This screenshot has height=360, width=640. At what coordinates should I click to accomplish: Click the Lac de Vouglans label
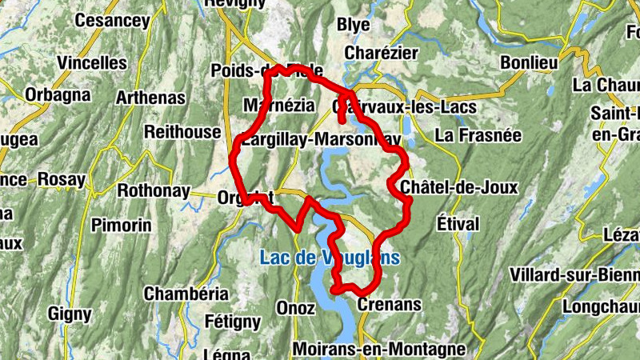point(329,258)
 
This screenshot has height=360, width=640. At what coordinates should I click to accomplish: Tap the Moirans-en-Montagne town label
point(378,349)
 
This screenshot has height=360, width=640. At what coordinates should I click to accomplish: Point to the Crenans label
point(389,305)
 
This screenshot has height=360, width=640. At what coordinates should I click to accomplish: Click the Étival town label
point(458,222)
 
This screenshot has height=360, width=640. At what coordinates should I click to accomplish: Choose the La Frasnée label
point(478,135)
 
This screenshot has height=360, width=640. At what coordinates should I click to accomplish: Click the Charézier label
point(381,53)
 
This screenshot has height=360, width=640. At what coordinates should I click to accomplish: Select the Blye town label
point(353,25)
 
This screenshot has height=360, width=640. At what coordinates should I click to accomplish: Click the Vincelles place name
point(92,62)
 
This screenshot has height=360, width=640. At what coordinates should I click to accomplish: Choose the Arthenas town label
point(150,98)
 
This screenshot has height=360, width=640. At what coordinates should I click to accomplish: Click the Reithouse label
point(182,131)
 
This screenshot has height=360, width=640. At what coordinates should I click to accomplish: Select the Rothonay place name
point(154,191)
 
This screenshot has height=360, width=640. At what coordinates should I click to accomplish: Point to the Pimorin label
point(121,226)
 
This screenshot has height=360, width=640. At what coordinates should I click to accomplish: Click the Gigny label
point(70,314)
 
